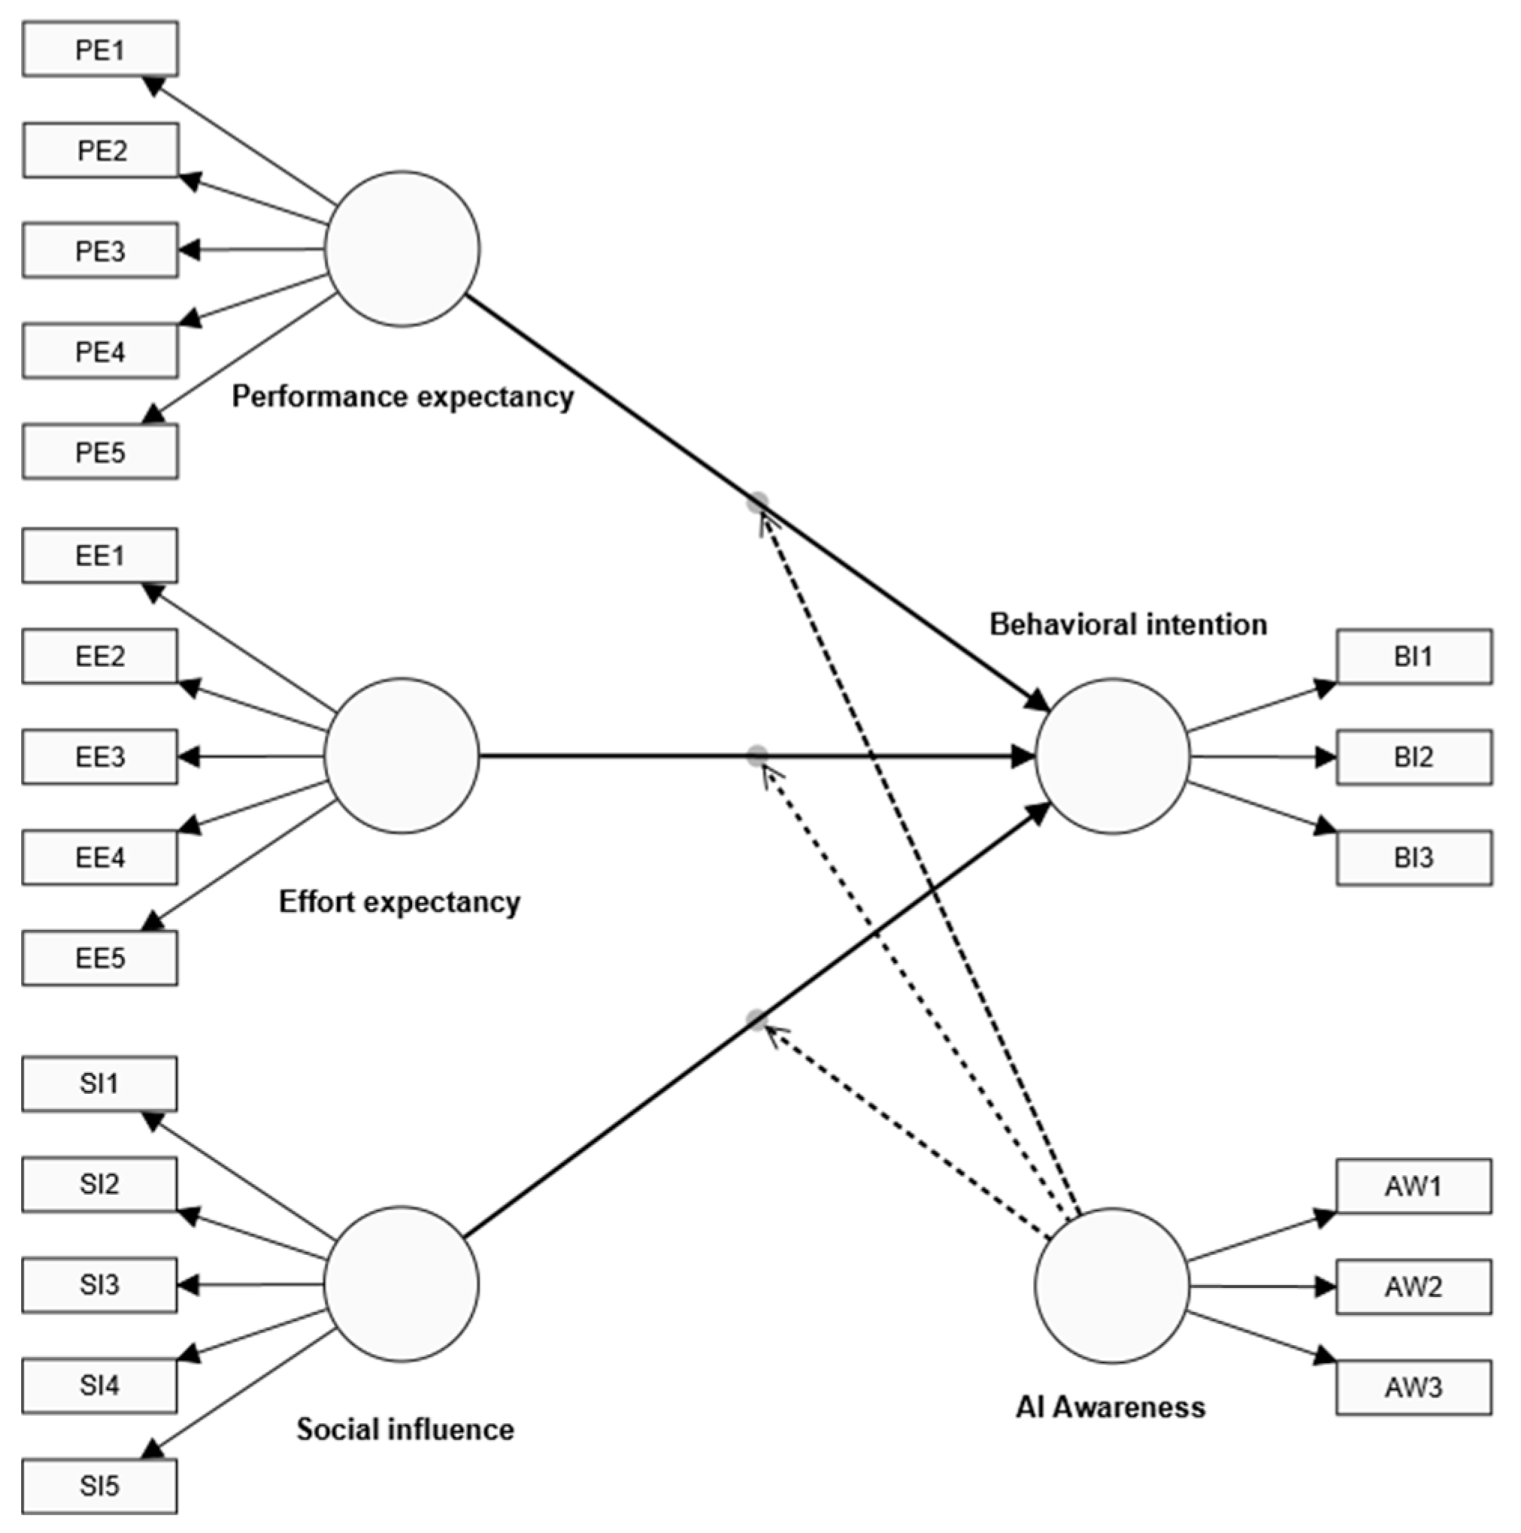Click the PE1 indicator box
click(100, 49)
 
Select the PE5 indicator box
click(100, 452)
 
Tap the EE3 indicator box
click(100, 756)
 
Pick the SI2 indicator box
click(99, 1184)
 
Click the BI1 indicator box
click(1413, 656)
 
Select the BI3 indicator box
click(1413, 857)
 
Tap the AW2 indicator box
click(1413, 1286)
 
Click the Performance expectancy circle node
click(402, 248)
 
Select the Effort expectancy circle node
click(401, 756)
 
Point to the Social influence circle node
click(401, 1284)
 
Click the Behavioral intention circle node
click(1111, 756)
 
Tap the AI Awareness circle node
click(1111, 1286)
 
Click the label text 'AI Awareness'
click(1110, 1407)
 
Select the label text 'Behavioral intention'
click(1128, 625)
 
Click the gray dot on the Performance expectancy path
click(758, 501)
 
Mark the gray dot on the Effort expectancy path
click(758, 755)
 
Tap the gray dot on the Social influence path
click(758, 1019)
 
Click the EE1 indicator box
click(100, 555)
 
